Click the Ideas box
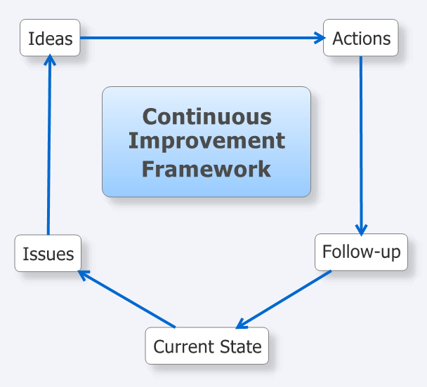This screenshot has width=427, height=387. point(50,38)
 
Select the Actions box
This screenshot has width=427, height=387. point(361,38)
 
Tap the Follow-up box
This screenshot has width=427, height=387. point(362,252)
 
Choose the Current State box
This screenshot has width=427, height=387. point(207,346)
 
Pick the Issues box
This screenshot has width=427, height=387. point(48,253)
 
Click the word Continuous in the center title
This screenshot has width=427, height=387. point(207,116)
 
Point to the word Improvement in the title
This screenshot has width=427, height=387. point(206,141)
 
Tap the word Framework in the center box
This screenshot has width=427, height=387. point(206,169)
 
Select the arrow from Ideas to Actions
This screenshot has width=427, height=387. point(203,38)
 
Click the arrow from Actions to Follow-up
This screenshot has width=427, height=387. point(361,147)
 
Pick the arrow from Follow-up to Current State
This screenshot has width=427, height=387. point(284,299)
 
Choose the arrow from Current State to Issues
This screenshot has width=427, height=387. point(126,299)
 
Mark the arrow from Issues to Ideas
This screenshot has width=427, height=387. point(49,144)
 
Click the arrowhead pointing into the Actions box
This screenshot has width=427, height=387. point(320,38)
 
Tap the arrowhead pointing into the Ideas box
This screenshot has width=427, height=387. point(50,60)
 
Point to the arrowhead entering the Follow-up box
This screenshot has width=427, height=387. point(362,231)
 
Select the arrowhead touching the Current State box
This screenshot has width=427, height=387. point(242,323)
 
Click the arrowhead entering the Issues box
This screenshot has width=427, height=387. point(84,275)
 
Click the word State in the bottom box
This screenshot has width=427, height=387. point(240,346)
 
